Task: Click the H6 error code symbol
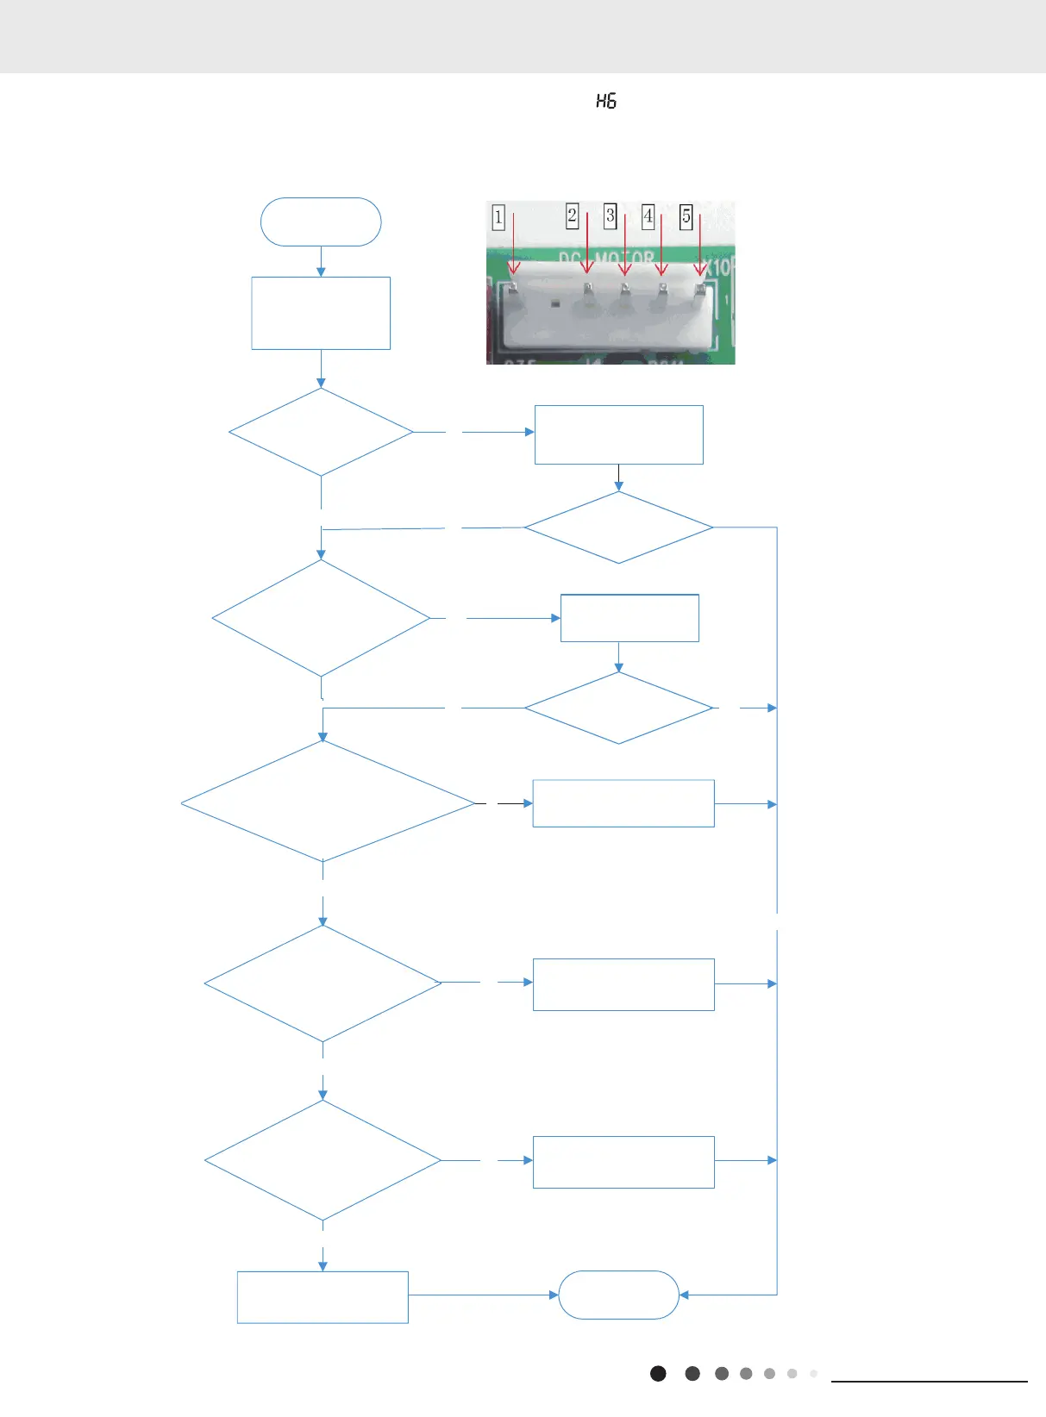point(606,102)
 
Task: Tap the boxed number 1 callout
point(498,216)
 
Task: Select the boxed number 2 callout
point(572,215)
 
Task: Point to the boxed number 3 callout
point(611,215)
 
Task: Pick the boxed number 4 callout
point(648,215)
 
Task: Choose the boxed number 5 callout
point(686,215)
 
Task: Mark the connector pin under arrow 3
point(625,290)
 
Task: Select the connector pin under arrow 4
point(662,290)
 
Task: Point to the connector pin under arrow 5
point(700,290)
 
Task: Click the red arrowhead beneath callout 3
point(625,271)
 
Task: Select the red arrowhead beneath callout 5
point(700,271)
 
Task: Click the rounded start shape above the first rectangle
point(321,222)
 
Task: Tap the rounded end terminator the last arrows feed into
point(618,1295)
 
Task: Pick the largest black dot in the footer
point(658,1374)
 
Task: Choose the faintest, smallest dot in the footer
point(813,1374)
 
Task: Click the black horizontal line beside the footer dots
point(929,1382)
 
